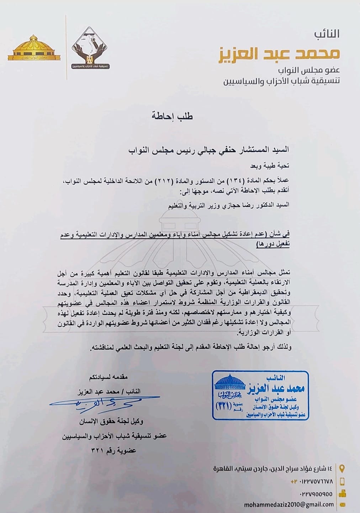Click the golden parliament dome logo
[x=34, y=48]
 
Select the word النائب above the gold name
[x=327, y=34]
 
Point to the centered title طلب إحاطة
[x=173, y=116]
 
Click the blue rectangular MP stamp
[x=260, y=395]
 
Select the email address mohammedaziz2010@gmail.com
[x=289, y=504]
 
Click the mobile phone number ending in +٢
[x=312, y=481]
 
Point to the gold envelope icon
[x=343, y=504]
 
